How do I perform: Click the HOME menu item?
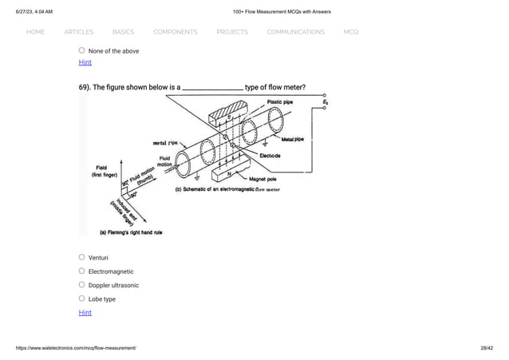click(35, 32)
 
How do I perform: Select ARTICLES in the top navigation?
click(78, 32)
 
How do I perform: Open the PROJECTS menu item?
click(231, 32)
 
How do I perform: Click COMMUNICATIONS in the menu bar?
click(295, 32)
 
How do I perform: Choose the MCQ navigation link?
click(351, 32)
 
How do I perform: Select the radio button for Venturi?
click(81, 258)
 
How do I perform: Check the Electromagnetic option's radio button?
click(81, 271)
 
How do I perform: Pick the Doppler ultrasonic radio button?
click(81, 285)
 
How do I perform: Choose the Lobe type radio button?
click(81, 299)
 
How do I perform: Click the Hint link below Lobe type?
click(85, 312)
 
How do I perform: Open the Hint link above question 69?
click(85, 62)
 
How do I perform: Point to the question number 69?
click(85, 87)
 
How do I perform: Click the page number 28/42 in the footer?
click(485, 350)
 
